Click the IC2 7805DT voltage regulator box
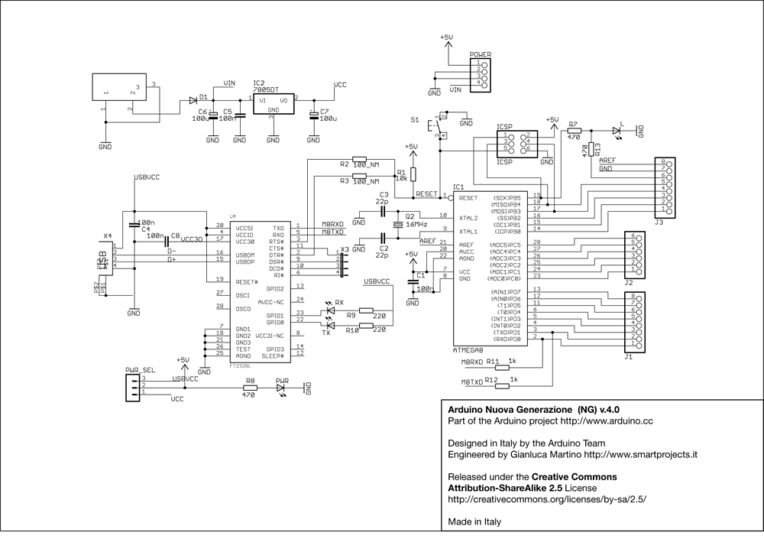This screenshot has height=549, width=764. point(274,104)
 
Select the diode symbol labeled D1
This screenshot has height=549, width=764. point(192,100)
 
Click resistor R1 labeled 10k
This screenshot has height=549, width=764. point(413,174)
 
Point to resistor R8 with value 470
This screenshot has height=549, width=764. point(249,388)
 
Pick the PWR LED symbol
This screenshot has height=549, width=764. point(282,388)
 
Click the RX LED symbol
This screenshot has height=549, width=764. point(331,310)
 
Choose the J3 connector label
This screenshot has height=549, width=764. point(659,223)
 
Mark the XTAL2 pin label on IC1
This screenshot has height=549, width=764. point(468,218)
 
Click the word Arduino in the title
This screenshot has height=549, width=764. point(467,409)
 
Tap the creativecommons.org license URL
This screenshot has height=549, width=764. point(547,499)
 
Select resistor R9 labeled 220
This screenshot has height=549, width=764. point(366,310)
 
